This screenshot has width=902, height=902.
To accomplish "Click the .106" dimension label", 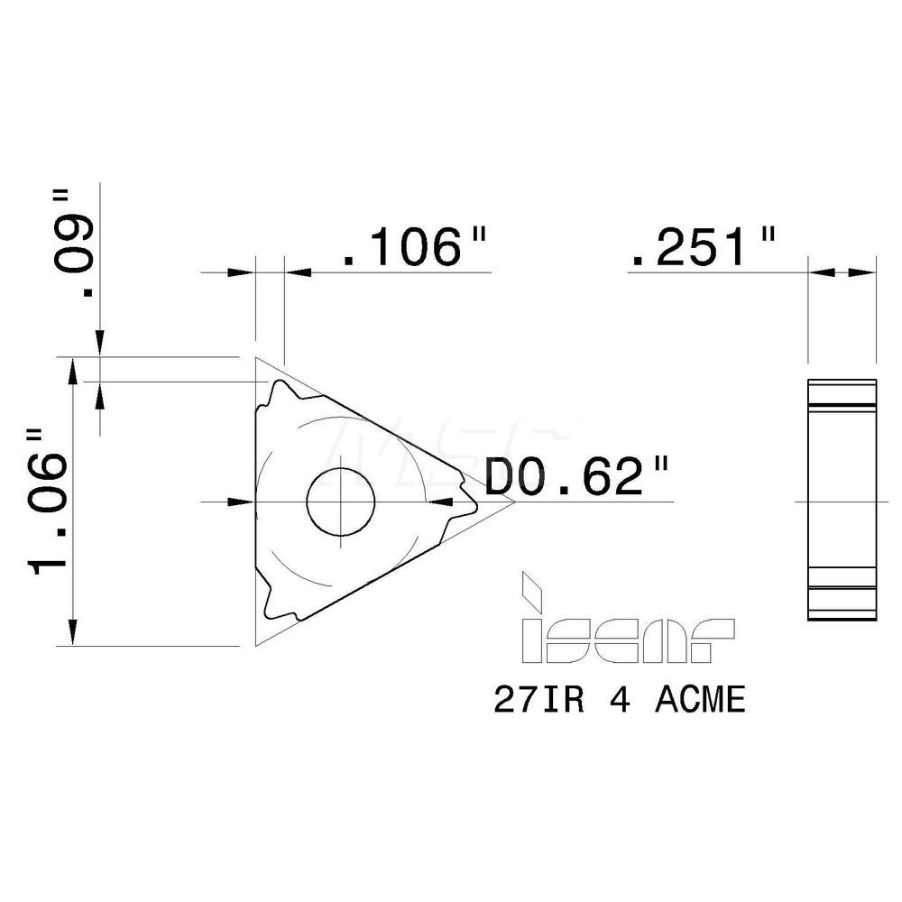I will [415, 247].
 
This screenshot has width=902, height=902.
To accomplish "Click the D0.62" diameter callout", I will [578, 477].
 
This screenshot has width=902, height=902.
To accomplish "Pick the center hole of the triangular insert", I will [341, 502].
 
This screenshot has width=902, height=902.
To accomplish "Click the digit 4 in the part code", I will [621, 701].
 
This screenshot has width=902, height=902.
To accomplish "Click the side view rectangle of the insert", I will [841, 501].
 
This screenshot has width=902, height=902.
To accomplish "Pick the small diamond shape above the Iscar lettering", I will [532, 591].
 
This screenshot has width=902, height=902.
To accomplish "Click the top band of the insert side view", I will [841, 396].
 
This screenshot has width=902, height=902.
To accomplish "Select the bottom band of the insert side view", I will [841, 603].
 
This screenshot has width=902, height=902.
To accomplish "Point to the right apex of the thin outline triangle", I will [513, 502].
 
